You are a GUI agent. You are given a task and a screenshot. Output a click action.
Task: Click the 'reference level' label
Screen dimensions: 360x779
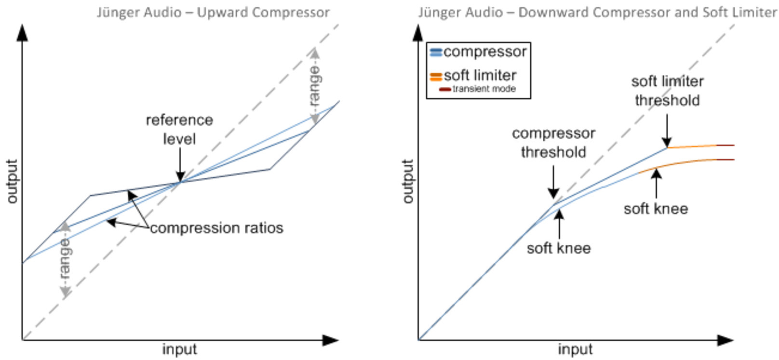[179, 129]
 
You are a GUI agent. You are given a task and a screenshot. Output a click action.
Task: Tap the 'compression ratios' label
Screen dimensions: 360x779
[216, 228]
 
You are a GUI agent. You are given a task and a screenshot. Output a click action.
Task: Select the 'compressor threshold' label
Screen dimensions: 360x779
[553, 143]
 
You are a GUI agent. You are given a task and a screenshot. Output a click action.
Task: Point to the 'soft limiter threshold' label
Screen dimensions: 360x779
[667, 91]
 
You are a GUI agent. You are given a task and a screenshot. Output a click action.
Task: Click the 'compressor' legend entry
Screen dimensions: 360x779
[484, 52]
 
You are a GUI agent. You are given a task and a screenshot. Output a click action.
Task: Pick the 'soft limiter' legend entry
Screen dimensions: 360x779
[480, 75]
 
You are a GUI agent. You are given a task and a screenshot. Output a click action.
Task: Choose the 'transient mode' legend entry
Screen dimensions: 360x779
[484, 89]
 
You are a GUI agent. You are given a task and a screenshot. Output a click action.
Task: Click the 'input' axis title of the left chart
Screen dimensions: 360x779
[179, 349]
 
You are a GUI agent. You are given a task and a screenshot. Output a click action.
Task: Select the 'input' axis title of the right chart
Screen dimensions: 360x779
[575, 349]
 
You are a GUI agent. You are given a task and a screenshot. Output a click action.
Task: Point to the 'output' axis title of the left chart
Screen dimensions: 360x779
[12, 181]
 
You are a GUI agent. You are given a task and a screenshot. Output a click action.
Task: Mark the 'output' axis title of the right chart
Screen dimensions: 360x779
[408, 181]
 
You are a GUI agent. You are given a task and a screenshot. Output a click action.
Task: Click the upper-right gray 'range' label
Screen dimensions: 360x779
[315, 86]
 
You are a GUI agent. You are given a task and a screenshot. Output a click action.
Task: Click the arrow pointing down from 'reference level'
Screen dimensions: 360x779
[180, 165]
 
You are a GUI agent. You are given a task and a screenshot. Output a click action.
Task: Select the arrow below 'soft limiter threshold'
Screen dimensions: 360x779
[667, 131]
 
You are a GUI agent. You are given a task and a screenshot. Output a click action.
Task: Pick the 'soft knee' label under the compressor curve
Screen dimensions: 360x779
[559, 248]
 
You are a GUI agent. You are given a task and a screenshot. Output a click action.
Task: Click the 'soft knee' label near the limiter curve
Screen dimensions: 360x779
[656, 209]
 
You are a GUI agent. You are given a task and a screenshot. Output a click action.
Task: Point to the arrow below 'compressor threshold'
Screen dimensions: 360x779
[553, 182]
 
